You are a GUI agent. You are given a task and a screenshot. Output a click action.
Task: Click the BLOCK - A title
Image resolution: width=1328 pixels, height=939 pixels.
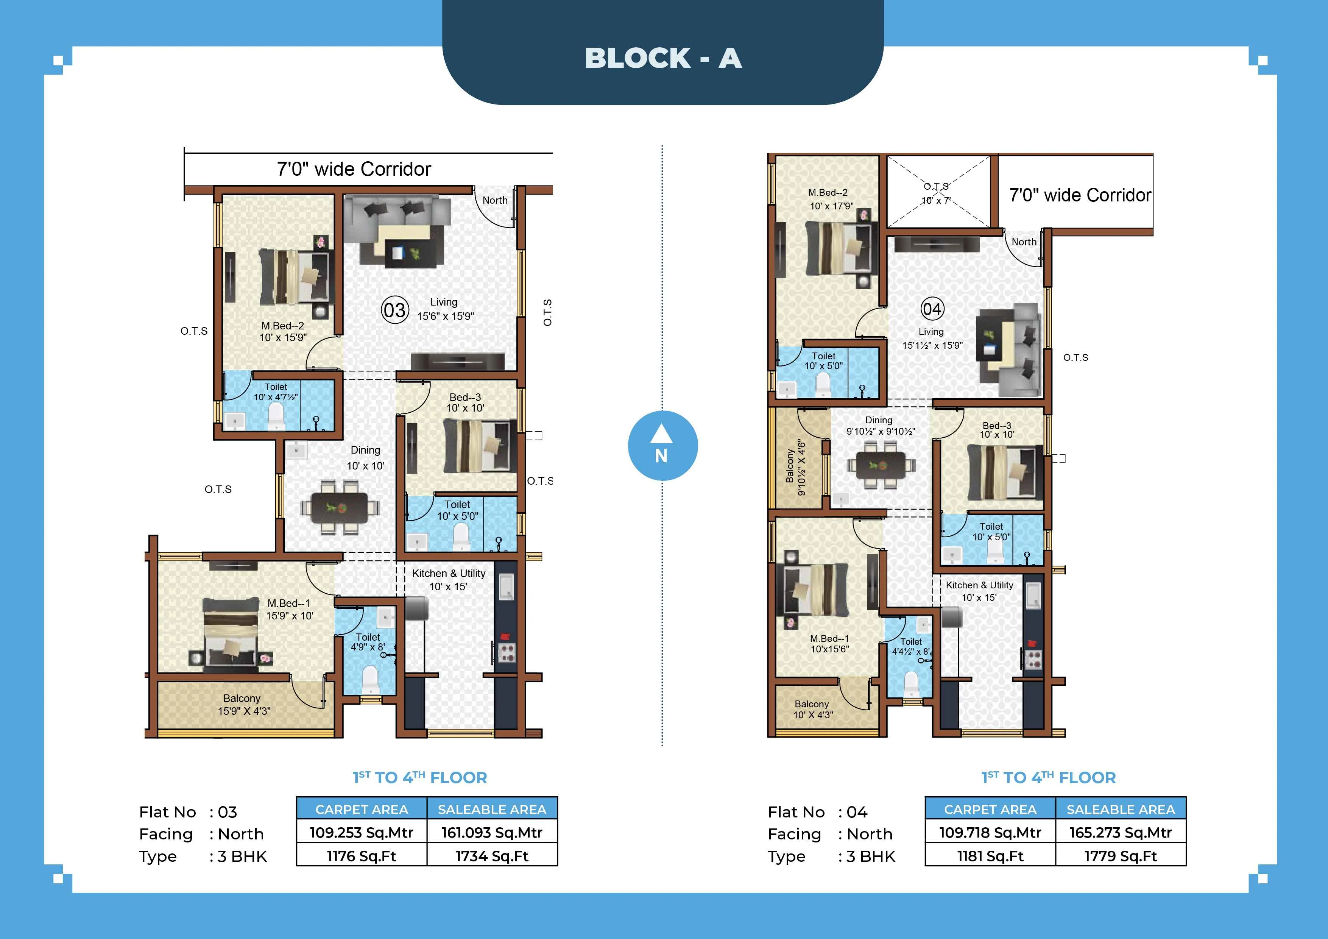click(x=663, y=58)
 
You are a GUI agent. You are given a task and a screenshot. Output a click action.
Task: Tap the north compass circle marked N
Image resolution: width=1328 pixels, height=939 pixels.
click(x=662, y=446)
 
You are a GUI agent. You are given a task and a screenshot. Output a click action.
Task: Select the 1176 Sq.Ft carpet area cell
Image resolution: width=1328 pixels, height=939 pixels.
click(x=362, y=856)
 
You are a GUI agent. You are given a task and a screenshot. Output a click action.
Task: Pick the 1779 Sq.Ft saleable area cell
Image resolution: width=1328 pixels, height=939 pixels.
click(x=1120, y=856)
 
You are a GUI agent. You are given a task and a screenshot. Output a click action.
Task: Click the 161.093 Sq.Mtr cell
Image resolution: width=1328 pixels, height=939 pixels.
click(x=492, y=833)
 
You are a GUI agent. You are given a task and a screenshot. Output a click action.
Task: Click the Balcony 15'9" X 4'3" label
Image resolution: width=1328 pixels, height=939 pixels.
click(x=243, y=705)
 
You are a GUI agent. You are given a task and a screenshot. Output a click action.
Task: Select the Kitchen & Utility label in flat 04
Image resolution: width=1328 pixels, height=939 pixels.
click(x=979, y=591)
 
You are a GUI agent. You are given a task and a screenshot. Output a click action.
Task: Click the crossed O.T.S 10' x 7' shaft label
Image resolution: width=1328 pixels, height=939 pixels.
click(x=936, y=193)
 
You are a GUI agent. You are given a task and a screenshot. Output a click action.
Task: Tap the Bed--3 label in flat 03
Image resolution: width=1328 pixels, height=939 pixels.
click(x=465, y=402)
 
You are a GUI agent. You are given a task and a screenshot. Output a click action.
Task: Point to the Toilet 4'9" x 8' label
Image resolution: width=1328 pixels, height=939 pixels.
click(x=368, y=642)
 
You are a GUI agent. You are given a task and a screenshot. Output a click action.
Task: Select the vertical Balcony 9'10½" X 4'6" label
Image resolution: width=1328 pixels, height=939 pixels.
click(x=795, y=468)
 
